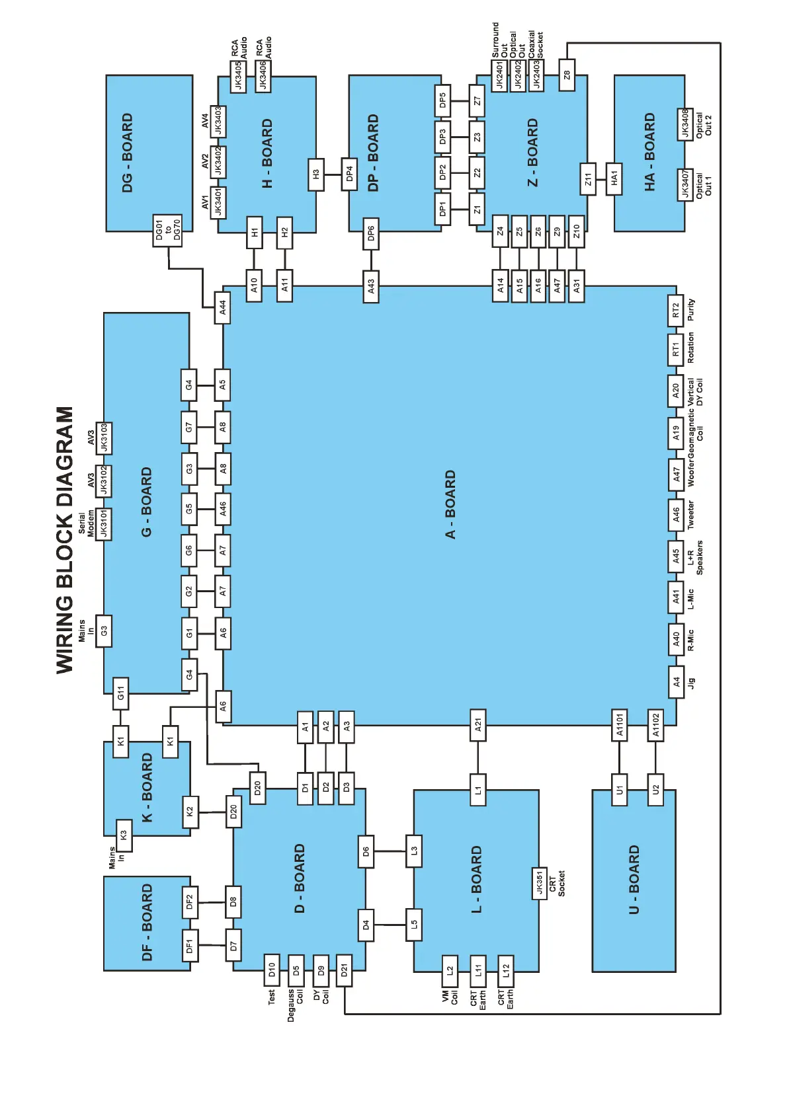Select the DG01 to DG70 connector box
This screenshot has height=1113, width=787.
click(167, 231)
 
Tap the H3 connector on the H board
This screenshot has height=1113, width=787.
click(316, 174)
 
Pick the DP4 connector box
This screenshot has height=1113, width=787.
click(349, 174)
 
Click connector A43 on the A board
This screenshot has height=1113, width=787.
click(371, 286)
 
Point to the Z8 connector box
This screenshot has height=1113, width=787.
click(567, 75)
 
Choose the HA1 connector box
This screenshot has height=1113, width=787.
click(614, 178)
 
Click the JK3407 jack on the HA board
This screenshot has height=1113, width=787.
click(685, 184)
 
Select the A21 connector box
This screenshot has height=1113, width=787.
click(477, 725)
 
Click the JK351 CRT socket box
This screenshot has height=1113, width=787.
click(540, 883)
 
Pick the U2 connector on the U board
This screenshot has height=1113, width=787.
click(655, 789)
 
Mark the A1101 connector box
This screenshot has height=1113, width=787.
click(619, 725)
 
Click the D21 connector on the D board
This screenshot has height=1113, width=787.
click(344, 970)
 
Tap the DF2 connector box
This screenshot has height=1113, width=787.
click(190, 902)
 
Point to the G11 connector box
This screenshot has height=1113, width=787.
click(120, 693)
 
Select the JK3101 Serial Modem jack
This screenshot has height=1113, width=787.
click(104, 524)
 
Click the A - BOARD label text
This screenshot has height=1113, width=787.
click(450, 504)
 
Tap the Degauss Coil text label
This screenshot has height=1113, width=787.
click(295, 1005)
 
